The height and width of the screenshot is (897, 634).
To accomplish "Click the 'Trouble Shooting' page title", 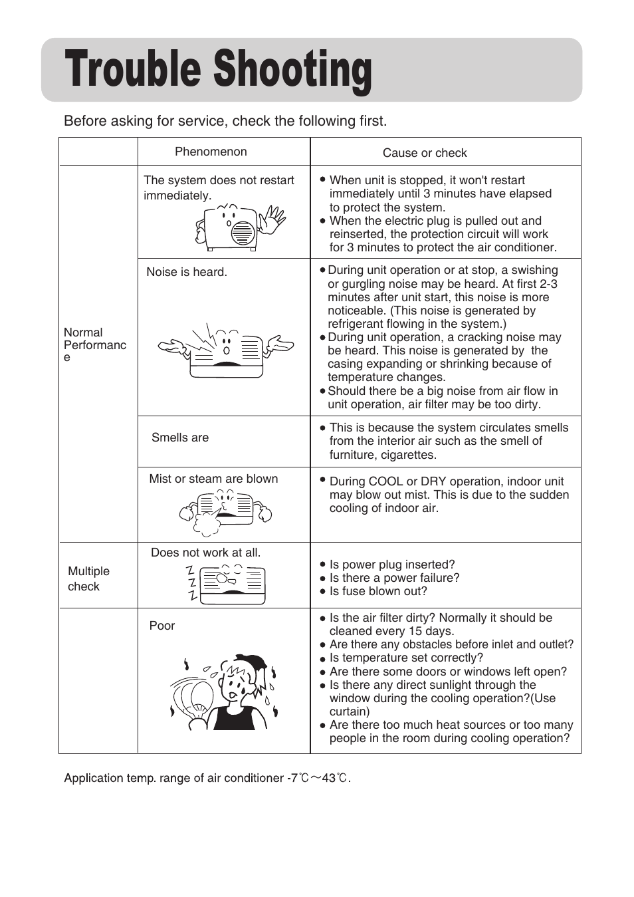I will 218,70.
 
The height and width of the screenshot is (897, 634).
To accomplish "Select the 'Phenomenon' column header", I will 211,152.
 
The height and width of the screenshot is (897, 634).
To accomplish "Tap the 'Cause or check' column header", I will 425,153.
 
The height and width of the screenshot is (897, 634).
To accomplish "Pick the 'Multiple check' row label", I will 88,578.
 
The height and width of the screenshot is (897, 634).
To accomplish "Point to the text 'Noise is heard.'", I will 187,272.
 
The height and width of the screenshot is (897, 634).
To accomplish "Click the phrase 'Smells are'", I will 180,438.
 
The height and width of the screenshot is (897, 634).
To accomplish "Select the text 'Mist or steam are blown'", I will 213,479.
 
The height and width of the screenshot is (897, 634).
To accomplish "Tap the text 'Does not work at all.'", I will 205,553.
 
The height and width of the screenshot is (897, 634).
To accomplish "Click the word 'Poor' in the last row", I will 162,626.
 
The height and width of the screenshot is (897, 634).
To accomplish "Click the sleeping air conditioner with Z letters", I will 226,583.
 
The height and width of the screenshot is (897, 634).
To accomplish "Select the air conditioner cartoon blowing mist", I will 225,511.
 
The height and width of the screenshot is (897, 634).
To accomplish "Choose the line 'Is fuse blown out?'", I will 378,591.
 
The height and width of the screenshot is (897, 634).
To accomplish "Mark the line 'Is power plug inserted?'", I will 392,565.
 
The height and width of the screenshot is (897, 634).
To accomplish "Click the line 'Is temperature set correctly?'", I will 406,658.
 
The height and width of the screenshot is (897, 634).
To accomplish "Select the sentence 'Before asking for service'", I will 225,121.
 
